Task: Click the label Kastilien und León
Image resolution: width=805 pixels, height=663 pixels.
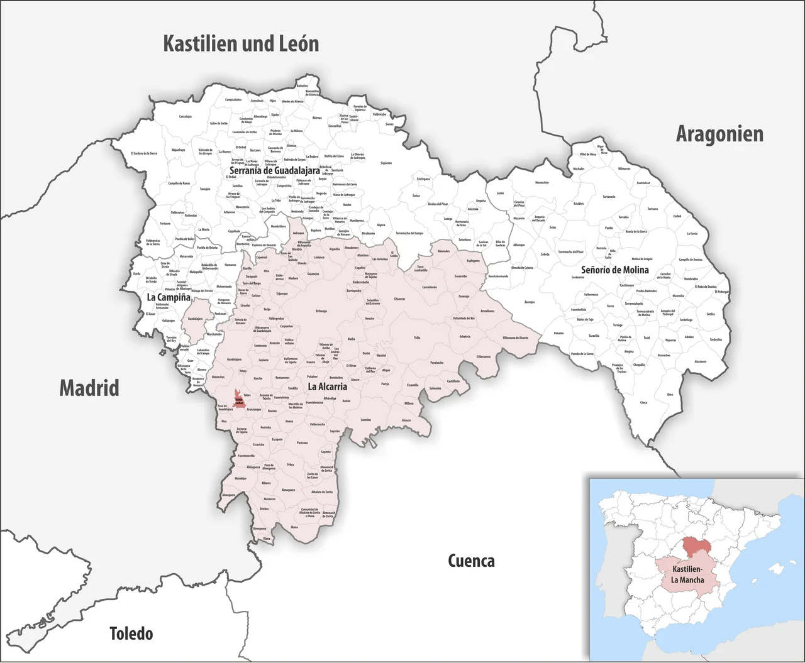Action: (241, 43)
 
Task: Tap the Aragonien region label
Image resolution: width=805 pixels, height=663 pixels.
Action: (719, 134)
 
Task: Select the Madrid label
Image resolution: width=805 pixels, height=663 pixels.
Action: (89, 388)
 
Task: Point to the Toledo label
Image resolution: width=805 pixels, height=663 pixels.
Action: (131, 633)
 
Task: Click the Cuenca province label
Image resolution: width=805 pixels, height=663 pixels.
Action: (471, 561)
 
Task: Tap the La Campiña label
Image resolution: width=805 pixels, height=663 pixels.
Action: (168, 297)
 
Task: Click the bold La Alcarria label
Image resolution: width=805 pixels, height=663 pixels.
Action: (327, 386)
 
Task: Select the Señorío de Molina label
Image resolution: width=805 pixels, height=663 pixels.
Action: (614, 270)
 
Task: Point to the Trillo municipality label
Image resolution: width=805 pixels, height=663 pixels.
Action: (417, 338)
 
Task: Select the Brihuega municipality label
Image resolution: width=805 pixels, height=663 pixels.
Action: (321, 311)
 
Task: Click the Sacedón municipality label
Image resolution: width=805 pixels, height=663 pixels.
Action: (365, 419)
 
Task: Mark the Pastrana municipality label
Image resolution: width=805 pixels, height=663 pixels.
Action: (303, 442)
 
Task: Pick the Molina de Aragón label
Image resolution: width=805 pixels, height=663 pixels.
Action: (642, 259)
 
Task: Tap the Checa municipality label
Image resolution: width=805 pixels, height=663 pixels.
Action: (643, 403)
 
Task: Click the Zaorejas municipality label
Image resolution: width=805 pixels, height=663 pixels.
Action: (530, 302)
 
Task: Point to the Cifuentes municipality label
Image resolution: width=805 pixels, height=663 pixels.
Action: (399, 299)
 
